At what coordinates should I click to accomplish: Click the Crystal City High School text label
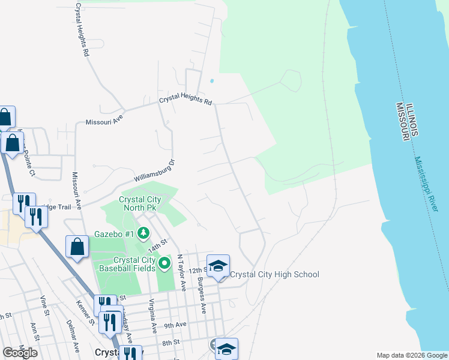(x=275, y=275)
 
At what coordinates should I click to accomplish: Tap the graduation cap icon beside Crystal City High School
(x=218, y=265)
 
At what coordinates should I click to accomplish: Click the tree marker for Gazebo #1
(x=143, y=232)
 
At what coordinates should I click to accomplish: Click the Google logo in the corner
(x=20, y=353)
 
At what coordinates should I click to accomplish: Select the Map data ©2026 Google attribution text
(x=411, y=355)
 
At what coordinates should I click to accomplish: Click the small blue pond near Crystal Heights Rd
(x=211, y=81)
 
